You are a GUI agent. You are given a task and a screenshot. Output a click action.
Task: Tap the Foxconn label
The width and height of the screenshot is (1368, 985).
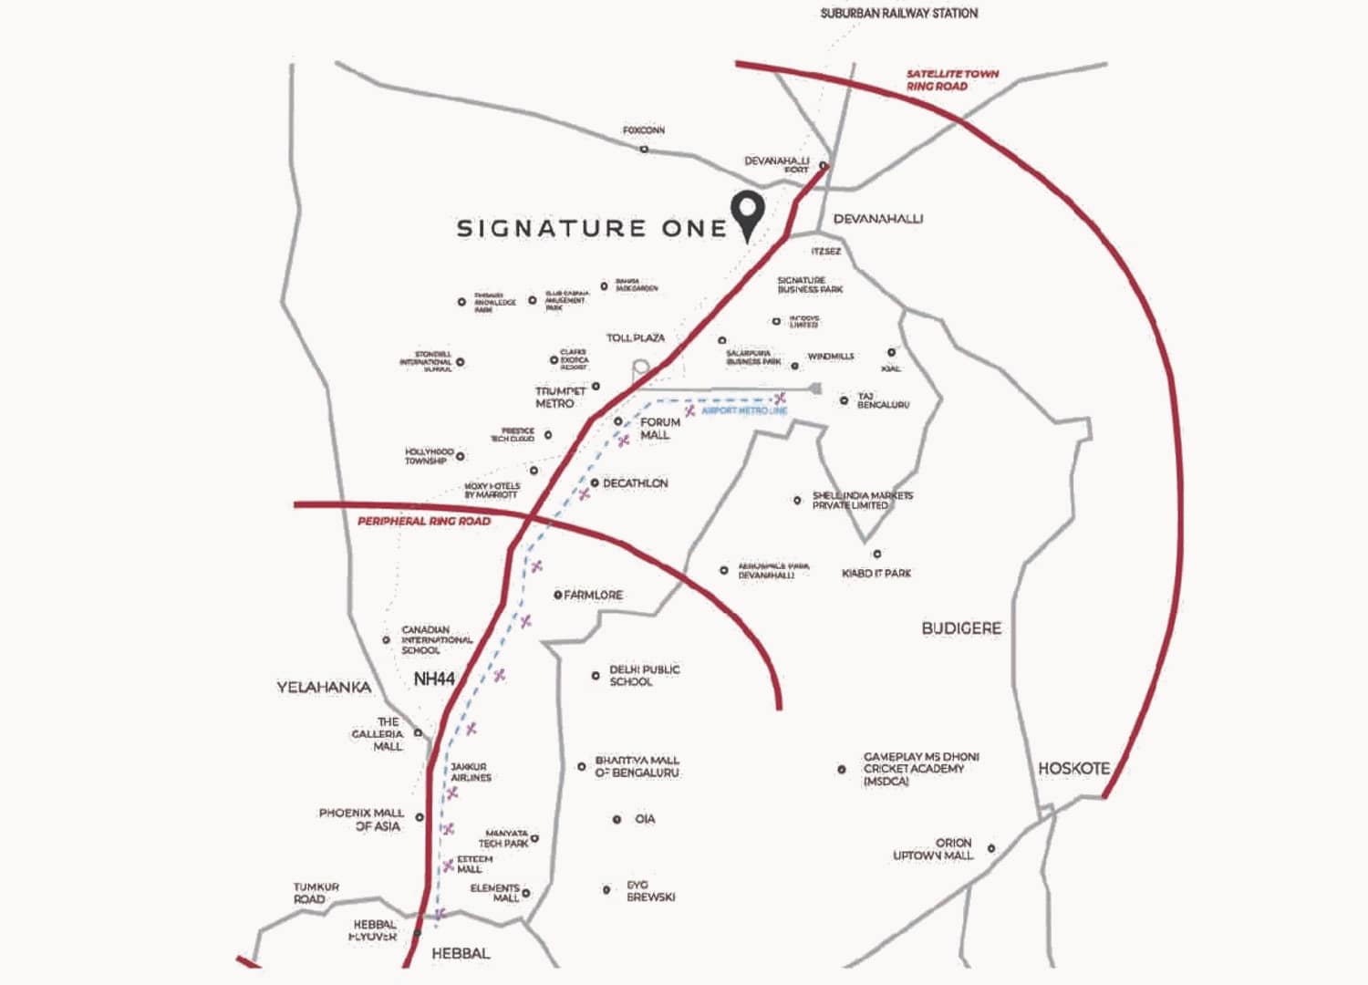coord(644,130)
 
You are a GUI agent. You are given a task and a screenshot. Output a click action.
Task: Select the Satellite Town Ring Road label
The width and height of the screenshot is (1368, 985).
coord(951,79)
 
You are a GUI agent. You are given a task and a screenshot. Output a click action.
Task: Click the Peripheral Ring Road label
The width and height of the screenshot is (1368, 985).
coord(424,522)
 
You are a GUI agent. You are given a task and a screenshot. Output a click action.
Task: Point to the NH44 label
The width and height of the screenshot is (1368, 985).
coord(434,679)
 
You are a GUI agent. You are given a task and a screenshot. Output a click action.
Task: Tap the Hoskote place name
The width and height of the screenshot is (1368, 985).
coord(1074,769)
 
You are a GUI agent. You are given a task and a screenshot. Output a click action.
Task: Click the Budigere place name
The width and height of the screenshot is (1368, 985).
coord(961,628)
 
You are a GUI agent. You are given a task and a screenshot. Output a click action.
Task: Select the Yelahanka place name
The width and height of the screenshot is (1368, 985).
coord(324,687)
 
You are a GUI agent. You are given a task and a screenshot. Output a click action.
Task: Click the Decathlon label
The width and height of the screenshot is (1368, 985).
coord(635,483)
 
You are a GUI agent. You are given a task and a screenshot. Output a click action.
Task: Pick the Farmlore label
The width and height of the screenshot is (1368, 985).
coord(593,595)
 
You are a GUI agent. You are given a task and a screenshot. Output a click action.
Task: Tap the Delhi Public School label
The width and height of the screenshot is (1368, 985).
coord(644,675)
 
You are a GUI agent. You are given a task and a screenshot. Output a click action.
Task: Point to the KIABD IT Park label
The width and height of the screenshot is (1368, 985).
coord(876,573)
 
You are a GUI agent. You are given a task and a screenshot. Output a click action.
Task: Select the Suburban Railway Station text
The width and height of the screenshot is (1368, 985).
coord(898,14)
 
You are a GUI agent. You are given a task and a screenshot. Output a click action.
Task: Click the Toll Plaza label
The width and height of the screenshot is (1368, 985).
coord(636,337)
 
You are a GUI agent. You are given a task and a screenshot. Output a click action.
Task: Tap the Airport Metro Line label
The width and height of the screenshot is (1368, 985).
coord(744,411)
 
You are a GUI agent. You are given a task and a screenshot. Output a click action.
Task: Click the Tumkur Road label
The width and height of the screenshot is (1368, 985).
coord(316,893)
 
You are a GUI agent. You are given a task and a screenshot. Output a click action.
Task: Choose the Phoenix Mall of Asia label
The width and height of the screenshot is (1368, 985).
coord(362,819)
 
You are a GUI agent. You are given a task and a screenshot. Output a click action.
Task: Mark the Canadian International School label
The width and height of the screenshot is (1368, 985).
coord(437,639)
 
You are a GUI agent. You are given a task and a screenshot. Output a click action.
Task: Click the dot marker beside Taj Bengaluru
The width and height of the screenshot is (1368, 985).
coord(844,400)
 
